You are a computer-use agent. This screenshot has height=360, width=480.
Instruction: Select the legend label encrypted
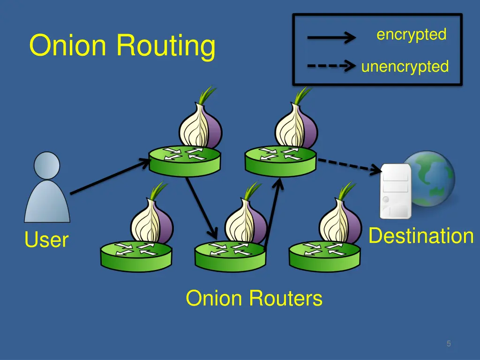pyautogui.click(x=411, y=34)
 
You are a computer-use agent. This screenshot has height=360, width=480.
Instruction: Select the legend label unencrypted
pyautogui.click(x=405, y=67)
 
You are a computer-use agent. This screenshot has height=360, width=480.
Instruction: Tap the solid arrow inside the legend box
pyautogui.click(x=331, y=37)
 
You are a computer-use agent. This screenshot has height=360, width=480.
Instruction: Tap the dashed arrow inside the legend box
pyautogui.click(x=331, y=66)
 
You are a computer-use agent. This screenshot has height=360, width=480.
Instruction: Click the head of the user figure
pyautogui.click(x=47, y=165)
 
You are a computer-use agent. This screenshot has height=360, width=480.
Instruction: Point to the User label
pyautogui.click(x=46, y=240)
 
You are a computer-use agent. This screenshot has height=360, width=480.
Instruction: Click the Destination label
pyautogui.click(x=421, y=235)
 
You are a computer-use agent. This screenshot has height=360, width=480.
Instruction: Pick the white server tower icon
pyautogui.click(x=396, y=191)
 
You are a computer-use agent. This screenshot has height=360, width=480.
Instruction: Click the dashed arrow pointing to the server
pyautogui.click(x=349, y=165)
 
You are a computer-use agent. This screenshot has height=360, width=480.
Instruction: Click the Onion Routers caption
pyautogui.click(x=254, y=299)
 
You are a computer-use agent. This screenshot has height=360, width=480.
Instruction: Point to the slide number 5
pyautogui.click(x=449, y=344)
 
